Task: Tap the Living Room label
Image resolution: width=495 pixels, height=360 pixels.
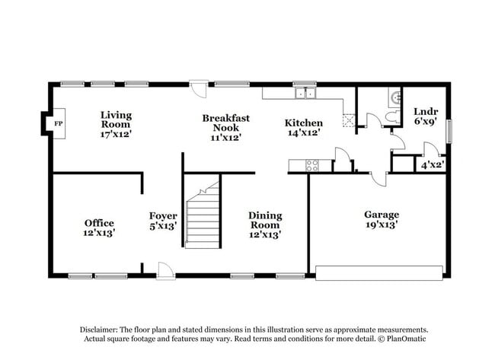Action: [117, 119]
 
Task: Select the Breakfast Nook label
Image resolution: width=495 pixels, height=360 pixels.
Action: [222, 123]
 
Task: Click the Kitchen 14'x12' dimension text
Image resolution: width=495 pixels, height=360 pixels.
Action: [303, 133]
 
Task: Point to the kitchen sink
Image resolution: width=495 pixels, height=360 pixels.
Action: [305, 94]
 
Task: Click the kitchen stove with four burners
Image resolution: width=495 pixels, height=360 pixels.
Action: [312, 164]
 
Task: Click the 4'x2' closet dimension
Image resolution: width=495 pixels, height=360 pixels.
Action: [432, 164]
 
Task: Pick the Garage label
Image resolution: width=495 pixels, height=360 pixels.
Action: [381, 215]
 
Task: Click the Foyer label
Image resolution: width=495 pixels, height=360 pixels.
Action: [163, 216]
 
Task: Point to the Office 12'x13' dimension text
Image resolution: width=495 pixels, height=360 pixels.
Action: [99, 234]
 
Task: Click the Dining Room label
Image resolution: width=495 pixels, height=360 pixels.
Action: [264, 220]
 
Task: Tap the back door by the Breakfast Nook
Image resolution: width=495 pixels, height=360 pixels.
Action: [198, 89]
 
